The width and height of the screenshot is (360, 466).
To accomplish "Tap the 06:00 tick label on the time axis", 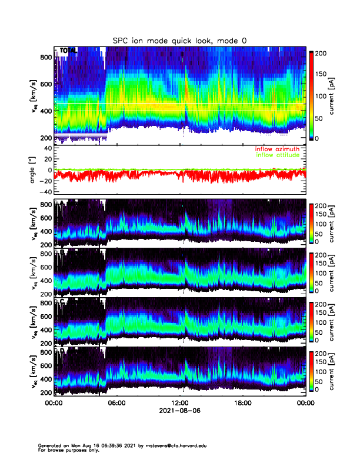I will pos(116,404).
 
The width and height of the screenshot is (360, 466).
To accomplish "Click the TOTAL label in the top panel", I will pos(67,52).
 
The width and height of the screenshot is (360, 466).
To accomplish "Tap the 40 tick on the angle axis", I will pos(45,148).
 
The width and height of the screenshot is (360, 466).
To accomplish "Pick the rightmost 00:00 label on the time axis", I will pos(305,404).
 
